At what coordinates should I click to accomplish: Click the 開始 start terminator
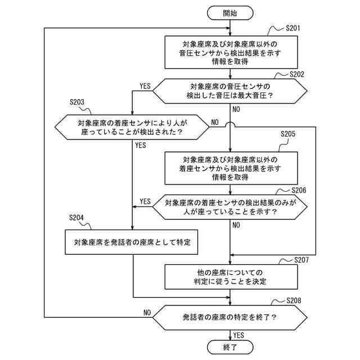pyautogui.click(x=230, y=13)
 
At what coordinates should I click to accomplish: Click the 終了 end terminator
pyautogui.click(x=230, y=347)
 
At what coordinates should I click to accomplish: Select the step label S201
pyautogui.click(x=292, y=28)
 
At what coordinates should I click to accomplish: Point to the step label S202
pyautogui.click(x=296, y=74)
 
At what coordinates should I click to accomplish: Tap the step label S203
pyautogui.click(x=77, y=102)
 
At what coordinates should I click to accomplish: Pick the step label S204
pyautogui.click(x=76, y=218)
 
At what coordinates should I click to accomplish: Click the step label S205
pyautogui.click(x=288, y=134)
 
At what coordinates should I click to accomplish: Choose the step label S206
pyautogui.click(x=299, y=190)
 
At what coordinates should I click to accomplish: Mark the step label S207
pyautogui.click(x=301, y=260)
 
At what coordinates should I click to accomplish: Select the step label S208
pyautogui.click(x=294, y=300)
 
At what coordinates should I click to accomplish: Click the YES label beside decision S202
pyautogui.click(x=145, y=86)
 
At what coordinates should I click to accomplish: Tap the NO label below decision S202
pyautogui.click(x=236, y=109)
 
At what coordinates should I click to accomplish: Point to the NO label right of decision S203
pyautogui.click(x=215, y=123)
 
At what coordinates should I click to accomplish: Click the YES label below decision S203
pyautogui.click(x=141, y=145)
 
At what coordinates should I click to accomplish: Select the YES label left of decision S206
pyautogui.click(x=145, y=201)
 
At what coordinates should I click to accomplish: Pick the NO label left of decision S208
pyautogui.click(x=147, y=313)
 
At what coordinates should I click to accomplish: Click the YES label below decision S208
pyautogui.click(x=238, y=335)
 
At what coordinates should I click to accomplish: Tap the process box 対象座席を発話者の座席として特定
pyautogui.click(x=131, y=242)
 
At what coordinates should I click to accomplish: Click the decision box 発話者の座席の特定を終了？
pyautogui.click(x=230, y=317)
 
